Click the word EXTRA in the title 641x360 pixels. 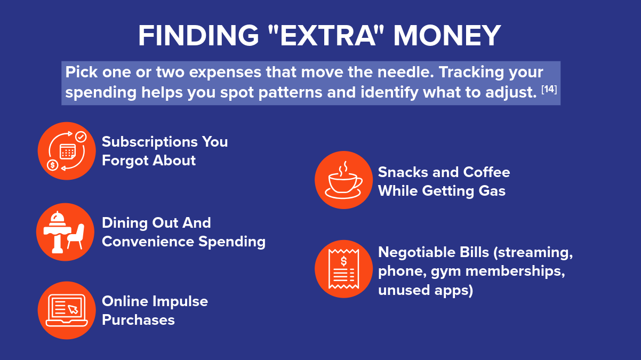click(328, 36)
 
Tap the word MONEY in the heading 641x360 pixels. click(447, 36)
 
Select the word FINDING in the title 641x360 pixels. click(198, 36)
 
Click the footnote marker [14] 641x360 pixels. click(549, 90)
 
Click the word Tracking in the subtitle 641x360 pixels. click(471, 73)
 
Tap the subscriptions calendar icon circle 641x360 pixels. click(67, 151)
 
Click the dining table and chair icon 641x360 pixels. click(65, 232)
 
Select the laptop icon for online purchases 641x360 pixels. click(67, 310)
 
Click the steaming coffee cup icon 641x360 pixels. click(343, 180)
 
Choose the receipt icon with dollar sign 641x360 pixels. click(343, 269)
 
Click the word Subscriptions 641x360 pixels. click(150, 142)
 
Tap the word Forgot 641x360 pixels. click(125, 161)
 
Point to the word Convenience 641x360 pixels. click(148, 241)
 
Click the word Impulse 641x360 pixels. click(180, 302)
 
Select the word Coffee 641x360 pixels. click(486, 172)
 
